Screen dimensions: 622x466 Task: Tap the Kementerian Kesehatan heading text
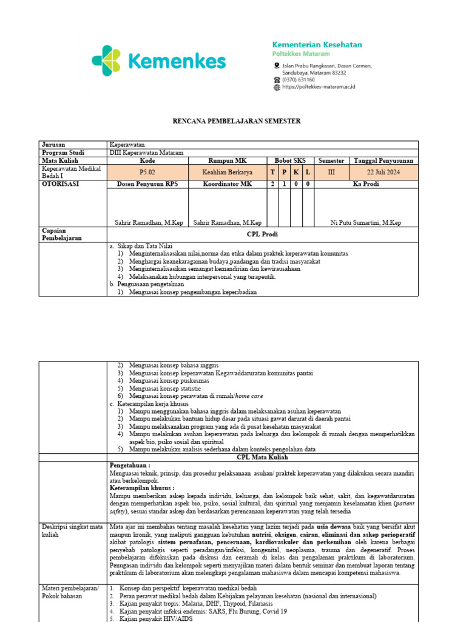[317, 45]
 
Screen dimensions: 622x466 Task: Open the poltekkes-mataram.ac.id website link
[319, 87]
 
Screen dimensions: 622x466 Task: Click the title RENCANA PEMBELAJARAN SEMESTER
[233, 121]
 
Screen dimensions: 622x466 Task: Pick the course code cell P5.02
[147, 173]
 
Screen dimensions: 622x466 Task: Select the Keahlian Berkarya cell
[228, 173]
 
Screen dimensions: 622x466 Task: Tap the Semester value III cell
[331, 173]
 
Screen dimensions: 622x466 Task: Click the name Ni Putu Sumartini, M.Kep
[366, 223]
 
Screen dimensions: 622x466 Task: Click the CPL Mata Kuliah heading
[263, 457]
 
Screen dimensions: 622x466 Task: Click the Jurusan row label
[53, 145]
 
